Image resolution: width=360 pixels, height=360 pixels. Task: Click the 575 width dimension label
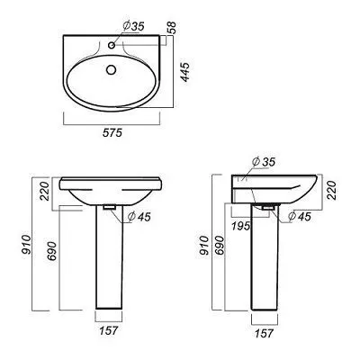tap(112, 132)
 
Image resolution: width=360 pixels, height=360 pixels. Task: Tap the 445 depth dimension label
tap(185, 72)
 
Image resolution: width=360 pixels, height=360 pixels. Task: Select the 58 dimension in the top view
tap(172, 28)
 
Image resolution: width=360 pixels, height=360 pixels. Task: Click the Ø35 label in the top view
tap(133, 26)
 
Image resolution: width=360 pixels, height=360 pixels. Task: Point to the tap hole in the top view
tap(112, 45)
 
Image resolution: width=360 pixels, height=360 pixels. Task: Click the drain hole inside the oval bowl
tap(112, 70)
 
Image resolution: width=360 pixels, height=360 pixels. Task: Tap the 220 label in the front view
tap(45, 191)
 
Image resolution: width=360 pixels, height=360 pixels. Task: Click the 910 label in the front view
tap(26, 245)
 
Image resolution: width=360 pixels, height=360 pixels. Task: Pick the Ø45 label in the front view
tap(139, 217)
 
